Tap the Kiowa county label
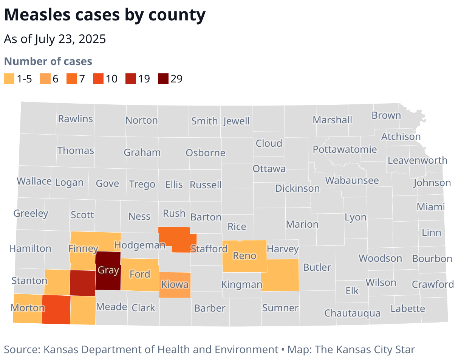point(175,284)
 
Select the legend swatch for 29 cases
point(164,79)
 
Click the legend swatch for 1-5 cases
point(9,79)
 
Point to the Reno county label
point(244,256)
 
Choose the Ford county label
point(140,274)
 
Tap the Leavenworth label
point(417,160)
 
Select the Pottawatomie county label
point(345,149)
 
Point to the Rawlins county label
point(75,119)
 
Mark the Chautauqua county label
point(352,313)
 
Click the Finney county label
point(83,248)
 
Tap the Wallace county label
point(34,181)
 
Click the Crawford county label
point(433,284)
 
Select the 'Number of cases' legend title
point(48,61)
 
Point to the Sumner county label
point(280,308)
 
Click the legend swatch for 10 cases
point(98,79)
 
